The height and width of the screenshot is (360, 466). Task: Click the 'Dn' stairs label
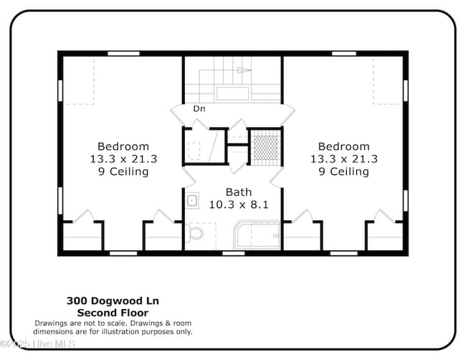(200, 109)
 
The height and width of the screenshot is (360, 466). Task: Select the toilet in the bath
(194, 234)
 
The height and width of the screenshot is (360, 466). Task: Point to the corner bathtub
(257, 235)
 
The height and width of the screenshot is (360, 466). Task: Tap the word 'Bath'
(239, 192)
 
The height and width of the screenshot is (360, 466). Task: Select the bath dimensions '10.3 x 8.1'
(239, 204)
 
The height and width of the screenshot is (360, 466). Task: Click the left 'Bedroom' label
(123, 146)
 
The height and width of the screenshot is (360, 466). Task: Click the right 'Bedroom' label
(344, 146)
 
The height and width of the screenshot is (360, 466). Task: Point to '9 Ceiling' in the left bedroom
(123, 171)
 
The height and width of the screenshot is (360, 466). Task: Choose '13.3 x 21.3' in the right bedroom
(344, 159)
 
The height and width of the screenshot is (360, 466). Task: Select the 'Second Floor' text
(113, 313)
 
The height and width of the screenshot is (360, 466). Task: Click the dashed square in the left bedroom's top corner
(80, 81)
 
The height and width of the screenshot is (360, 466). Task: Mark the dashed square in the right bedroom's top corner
(388, 81)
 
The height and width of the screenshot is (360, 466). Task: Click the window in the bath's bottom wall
(233, 252)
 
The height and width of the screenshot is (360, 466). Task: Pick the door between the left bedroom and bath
(187, 177)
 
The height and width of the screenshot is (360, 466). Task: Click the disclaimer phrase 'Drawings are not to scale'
(78, 323)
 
